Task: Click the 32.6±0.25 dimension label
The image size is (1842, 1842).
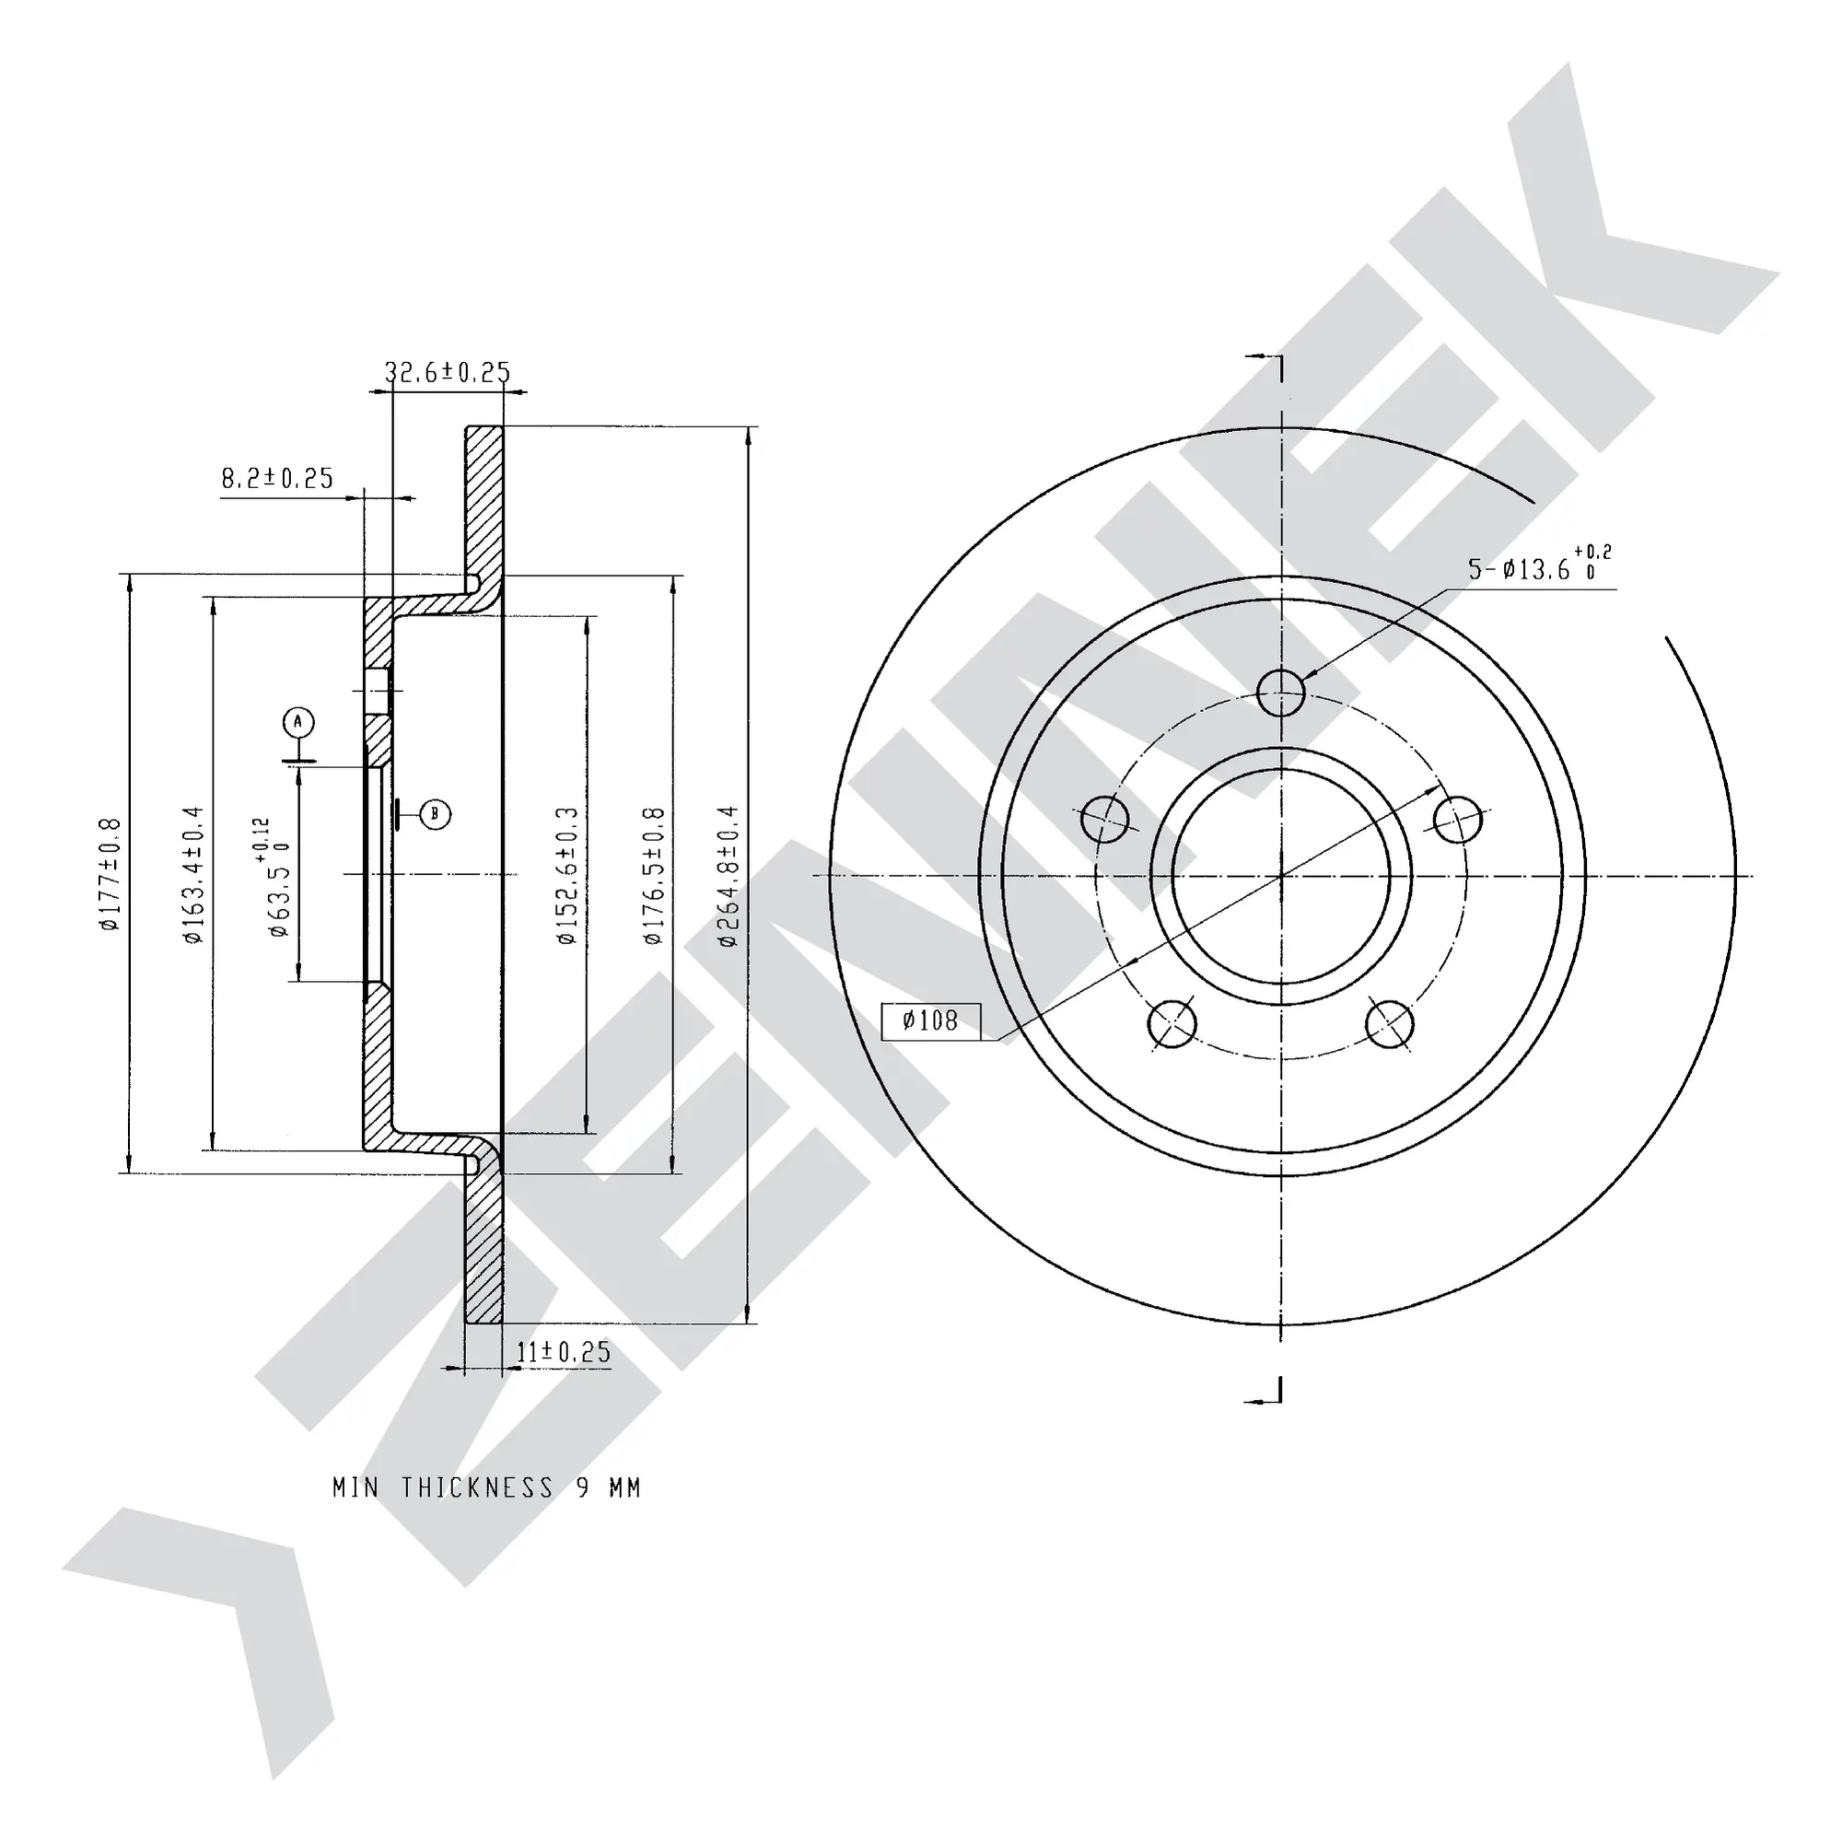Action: pyautogui.click(x=448, y=372)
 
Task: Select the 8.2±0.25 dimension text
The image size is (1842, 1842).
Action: pyautogui.click(x=277, y=478)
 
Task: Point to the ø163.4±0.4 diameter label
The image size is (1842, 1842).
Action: pyautogui.click(x=193, y=874)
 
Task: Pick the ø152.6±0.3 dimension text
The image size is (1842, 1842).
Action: pyautogui.click(x=568, y=875)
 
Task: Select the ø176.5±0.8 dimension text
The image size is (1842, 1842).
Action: pyautogui.click(x=654, y=875)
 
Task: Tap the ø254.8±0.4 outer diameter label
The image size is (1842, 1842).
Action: pyautogui.click(x=729, y=875)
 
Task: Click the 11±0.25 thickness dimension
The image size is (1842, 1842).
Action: pyautogui.click(x=563, y=1351)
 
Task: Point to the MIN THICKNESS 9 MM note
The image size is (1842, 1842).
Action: pyautogui.click(x=486, y=1487)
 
